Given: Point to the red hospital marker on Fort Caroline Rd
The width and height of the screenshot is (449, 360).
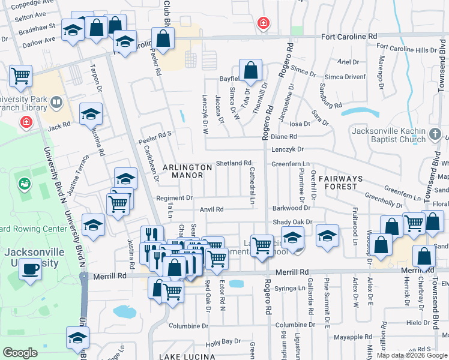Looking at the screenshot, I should click(262, 24).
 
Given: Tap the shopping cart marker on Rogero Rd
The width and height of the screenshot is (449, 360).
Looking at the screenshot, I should click(262, 245).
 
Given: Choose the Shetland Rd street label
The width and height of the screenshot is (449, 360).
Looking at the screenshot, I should click(234, 163).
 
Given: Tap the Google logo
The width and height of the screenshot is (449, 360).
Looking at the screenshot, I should click(20, 352).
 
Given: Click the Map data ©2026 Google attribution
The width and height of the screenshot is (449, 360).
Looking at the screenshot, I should click(412, 355).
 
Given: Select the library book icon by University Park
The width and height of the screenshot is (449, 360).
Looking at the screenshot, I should click(56, 103).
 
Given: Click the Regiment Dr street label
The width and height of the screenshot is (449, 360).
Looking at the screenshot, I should click(174, 197).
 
